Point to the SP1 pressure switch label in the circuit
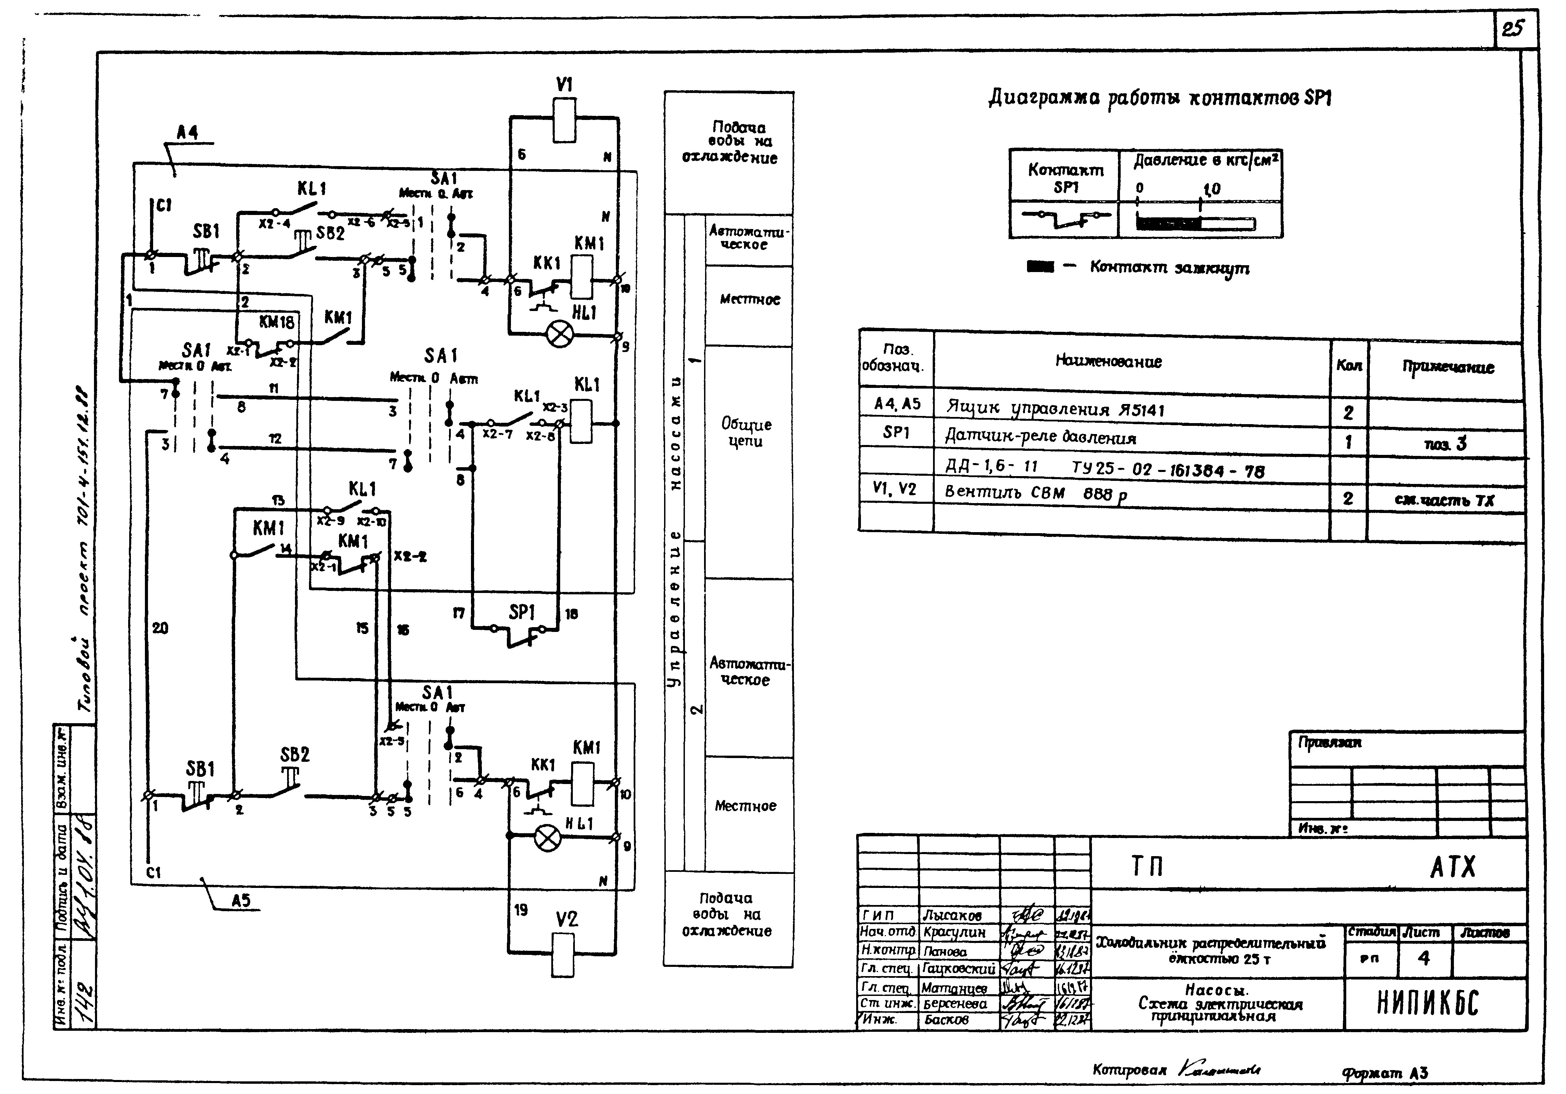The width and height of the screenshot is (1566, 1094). [522, 612]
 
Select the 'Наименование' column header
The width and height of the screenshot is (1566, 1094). [1108, 362]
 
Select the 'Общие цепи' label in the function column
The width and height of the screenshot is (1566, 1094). [746, 432]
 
